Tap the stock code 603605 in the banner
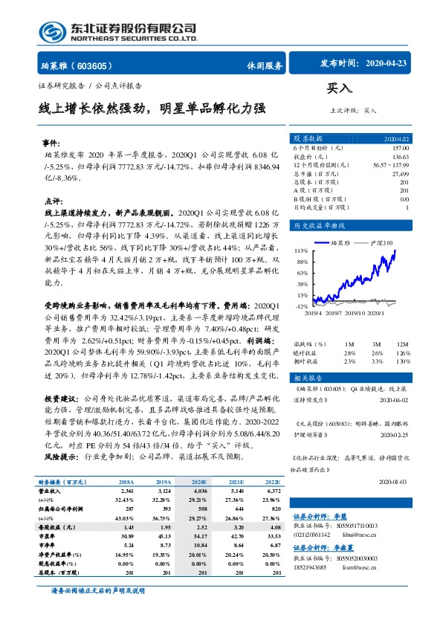tap(95, 65)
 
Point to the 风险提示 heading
tap(62, 456)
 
